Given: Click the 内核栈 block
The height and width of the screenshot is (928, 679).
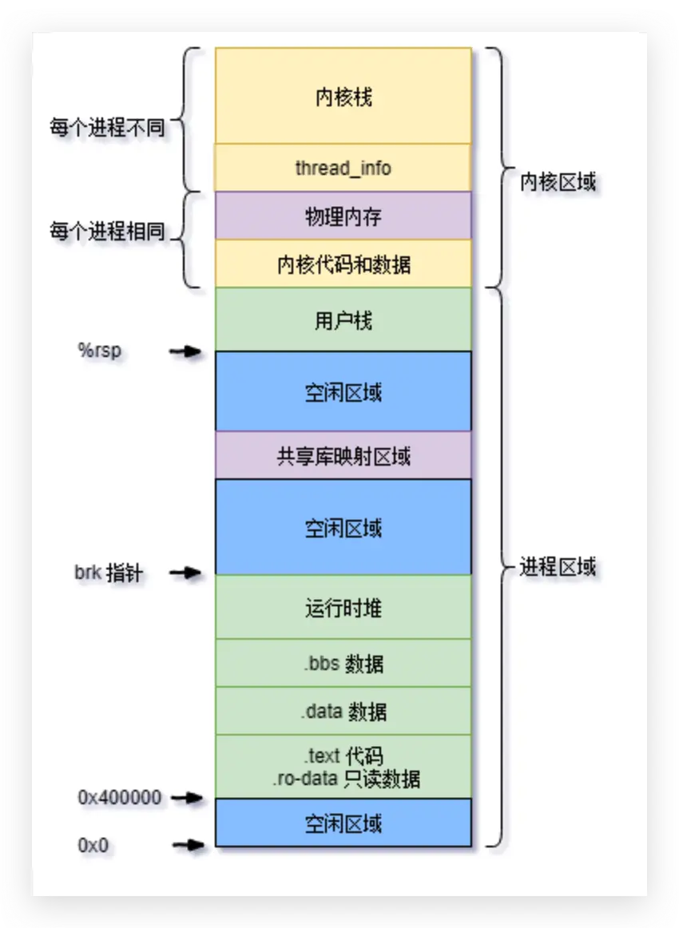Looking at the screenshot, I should pos(343,96).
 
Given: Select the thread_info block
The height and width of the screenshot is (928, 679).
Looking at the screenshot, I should pos(343,168).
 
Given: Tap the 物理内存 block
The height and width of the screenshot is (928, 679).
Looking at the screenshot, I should pos(343,216).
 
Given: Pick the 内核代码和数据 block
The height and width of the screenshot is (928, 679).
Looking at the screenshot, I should pos(343,264).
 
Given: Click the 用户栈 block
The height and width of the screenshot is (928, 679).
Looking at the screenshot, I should pos(343,319).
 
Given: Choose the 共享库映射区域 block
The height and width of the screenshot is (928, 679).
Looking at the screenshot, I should pos(343,455).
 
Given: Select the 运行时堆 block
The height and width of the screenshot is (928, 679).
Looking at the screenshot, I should pos(343,607).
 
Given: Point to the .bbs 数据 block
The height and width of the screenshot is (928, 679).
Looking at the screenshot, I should pos(343,663).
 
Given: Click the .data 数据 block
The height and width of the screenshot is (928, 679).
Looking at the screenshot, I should pos(343,711).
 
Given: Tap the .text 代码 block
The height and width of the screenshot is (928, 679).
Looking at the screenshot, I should pos(343,767).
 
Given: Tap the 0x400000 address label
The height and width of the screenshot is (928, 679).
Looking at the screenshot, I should pos(119,797).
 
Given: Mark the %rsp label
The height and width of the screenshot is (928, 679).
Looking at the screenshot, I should pos(100,351).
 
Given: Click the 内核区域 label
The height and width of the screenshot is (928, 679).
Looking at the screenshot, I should pos(558,182).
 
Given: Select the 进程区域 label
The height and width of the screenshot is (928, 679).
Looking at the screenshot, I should pos(558,568).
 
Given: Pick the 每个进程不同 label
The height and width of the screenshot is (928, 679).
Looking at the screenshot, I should pos(107,127).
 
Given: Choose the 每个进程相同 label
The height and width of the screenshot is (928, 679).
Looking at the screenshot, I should pos(107,232).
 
